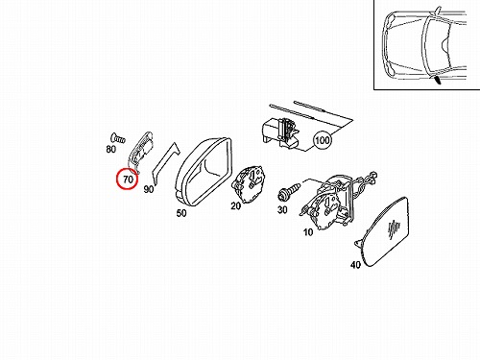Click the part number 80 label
coord(111,149)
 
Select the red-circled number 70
coord(128,179)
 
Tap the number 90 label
coord(149,189)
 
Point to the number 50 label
coord(181,213)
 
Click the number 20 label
coord(236,205)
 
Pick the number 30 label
coord(282,210)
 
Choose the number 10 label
coord(308,232)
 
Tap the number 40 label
coord(355,265)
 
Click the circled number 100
coord(322,140)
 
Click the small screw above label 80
coord(118,138)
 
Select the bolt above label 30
coord(289,189)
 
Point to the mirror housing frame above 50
coord(204,171)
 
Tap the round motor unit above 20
coord(250,184)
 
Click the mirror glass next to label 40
coord(383,232)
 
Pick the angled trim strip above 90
coord(165,163)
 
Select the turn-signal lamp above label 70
coord(141,151)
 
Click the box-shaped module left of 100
coord(280,133)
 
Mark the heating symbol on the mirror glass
coord(394,229)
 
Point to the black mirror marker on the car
coord(437,80)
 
